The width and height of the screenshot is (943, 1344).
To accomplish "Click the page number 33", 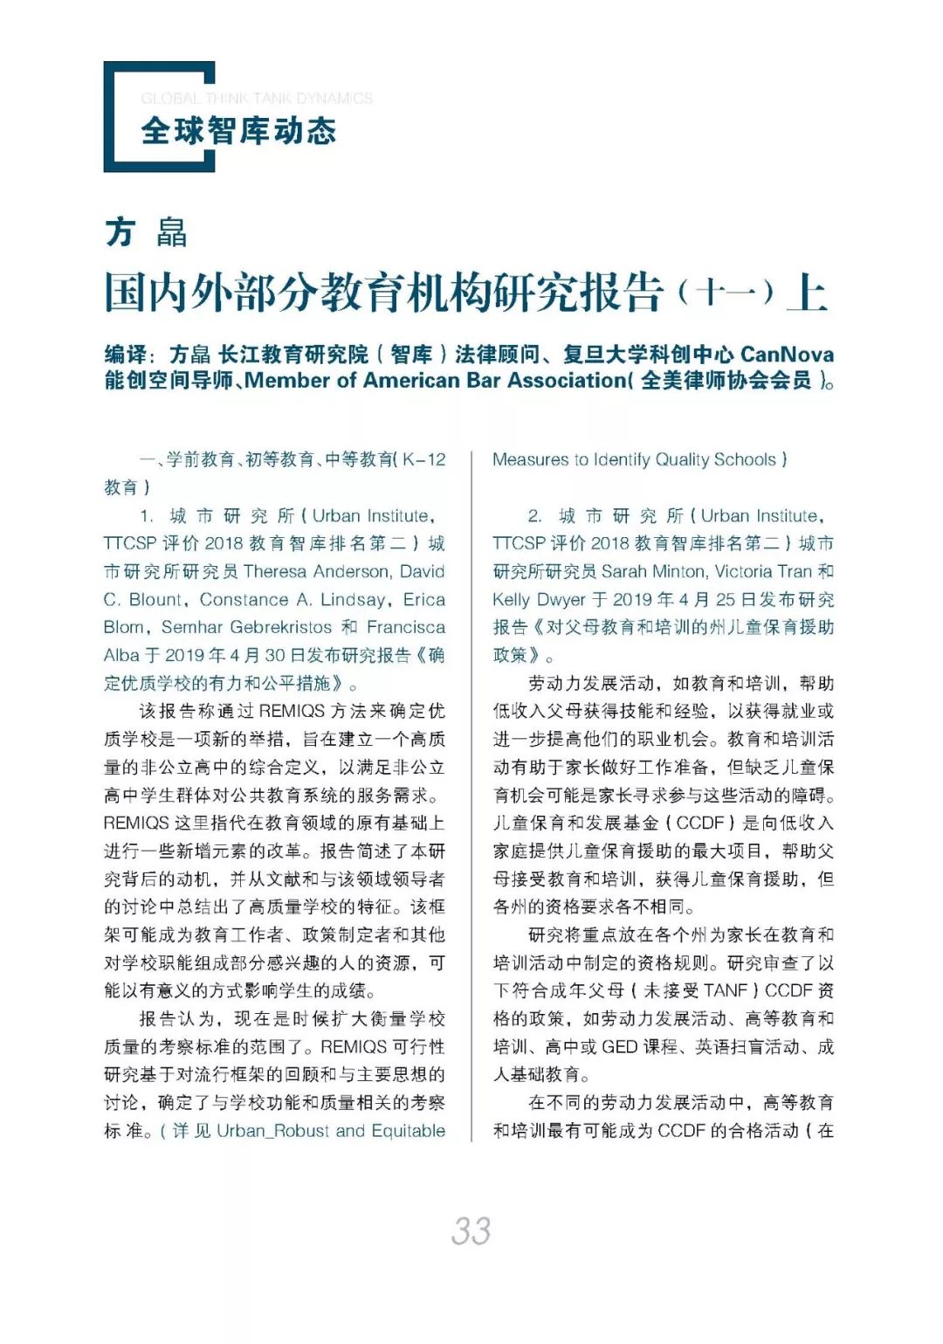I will (471, 1230).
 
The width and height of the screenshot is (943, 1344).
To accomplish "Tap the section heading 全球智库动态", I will (238, 131).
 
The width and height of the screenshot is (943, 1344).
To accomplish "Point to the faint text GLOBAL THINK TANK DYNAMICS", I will (257, 99).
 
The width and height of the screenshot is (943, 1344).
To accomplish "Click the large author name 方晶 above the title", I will (146, 232).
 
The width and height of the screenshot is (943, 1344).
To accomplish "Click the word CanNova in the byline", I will (787, 354).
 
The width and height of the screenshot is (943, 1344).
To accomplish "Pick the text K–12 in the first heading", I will (424, 459).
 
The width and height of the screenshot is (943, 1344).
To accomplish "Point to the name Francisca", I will (405, 627).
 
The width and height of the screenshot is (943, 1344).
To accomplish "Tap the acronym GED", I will (619, 1046).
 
